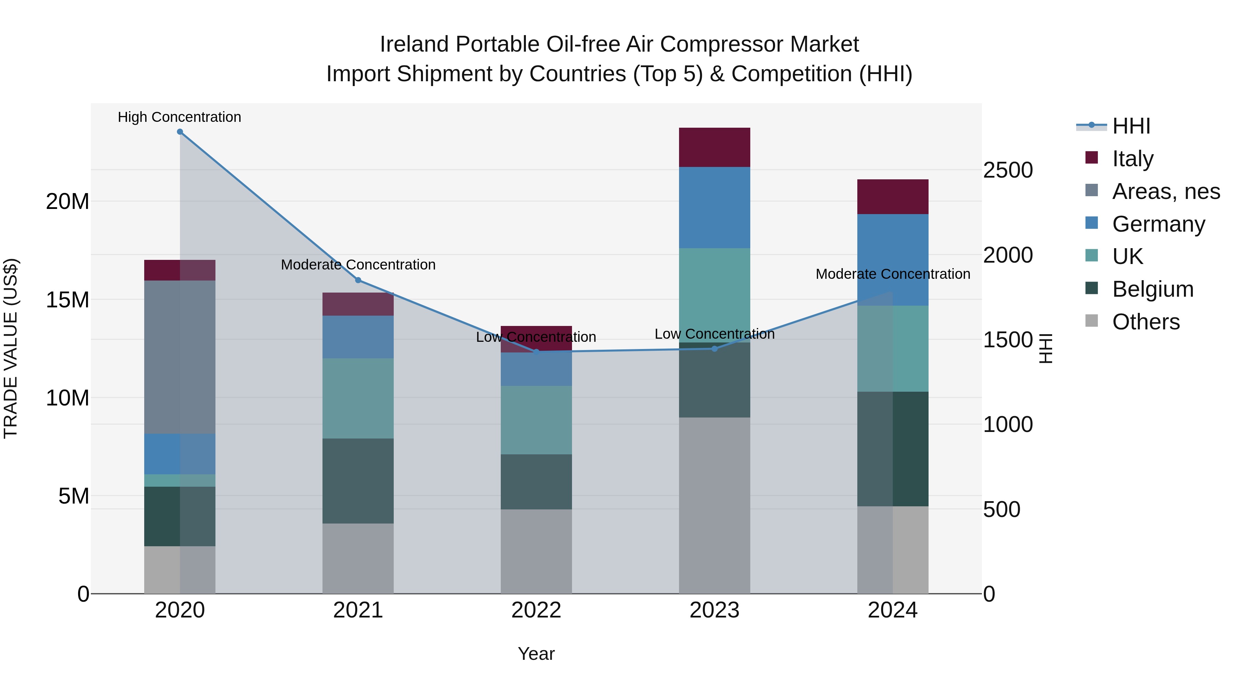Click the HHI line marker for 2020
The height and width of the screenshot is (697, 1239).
(x=180, y=132)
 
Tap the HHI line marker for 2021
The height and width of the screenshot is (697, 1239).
(x=358, y=280)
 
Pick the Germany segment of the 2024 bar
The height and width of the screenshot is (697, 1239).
(x=893, y=260)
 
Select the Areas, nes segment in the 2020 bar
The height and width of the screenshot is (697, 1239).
(x=180, y=357)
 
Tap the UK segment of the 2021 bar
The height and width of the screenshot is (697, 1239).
(x=358, y=398)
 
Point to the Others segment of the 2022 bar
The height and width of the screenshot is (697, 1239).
(x=536, y=551)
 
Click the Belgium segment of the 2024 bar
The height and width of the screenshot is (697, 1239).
(x=893, y=449)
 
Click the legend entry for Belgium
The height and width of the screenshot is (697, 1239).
(x=1152, y=289)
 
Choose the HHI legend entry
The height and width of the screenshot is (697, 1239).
(x=1130, y=126)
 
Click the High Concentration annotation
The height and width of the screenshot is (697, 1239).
(x=179, y=117)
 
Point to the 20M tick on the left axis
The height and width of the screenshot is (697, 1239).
(x=67, y=202)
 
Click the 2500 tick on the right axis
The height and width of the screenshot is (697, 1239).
(x=1008, y=170)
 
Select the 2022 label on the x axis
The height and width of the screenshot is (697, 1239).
(x=536, y=610)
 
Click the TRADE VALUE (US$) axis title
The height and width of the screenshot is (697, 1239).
(x=11, y=348)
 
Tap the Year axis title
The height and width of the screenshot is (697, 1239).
(x=536, y=654)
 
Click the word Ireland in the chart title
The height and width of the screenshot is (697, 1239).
(x=414, y=44)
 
